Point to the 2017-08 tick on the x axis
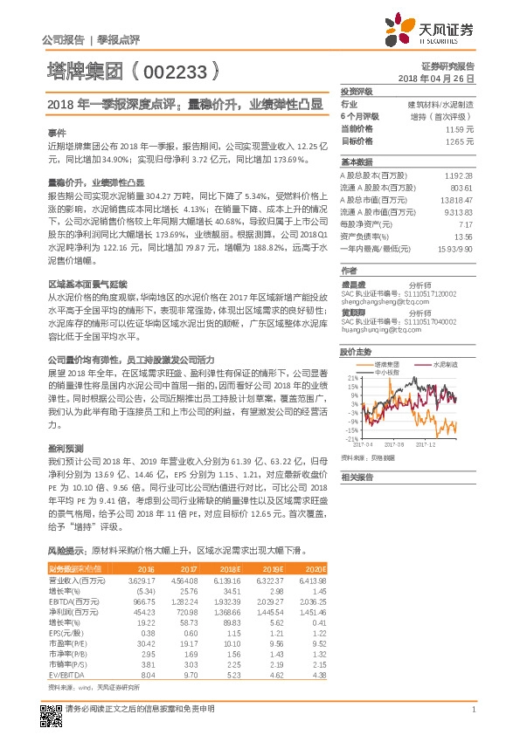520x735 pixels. [396, 443]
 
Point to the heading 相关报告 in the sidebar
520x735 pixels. [357, 477]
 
